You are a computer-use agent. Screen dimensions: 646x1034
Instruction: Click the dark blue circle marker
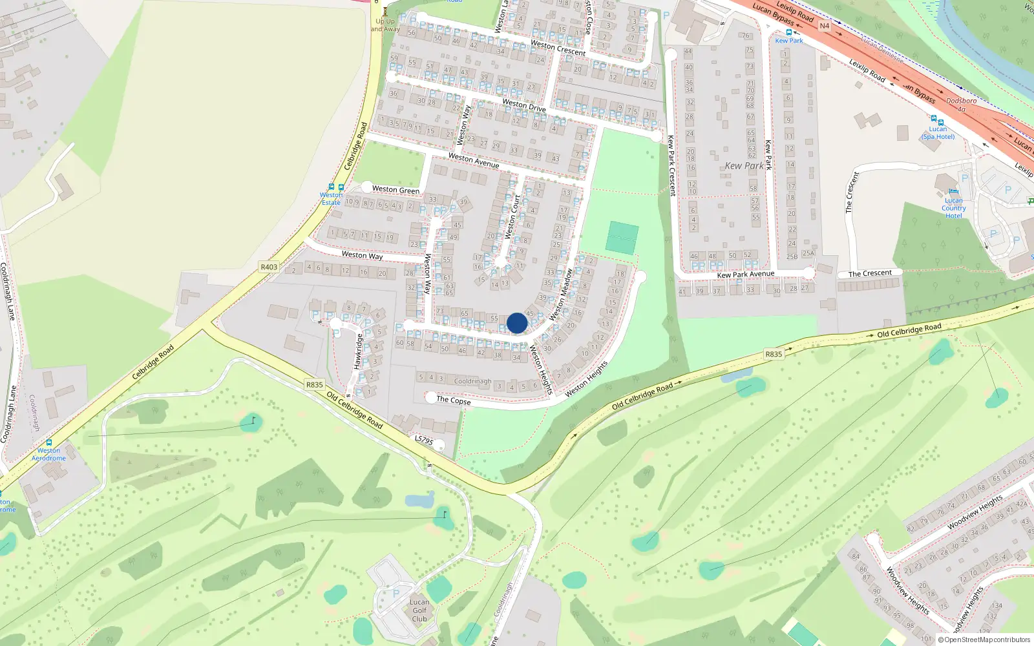click(517, 323)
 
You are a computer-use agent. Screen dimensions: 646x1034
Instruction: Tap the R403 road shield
click(269, 267)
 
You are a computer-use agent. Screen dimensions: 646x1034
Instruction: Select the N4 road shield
click(824, 26)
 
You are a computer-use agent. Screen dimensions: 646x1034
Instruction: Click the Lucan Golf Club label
click(419, 610)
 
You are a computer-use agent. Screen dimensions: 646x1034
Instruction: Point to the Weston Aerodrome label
click(48, 455)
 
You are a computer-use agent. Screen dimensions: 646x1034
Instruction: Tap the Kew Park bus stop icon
click(788, 32)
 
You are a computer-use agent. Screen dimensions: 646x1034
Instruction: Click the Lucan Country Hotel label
click(954, 208)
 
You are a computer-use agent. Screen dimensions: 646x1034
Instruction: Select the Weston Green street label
click(396, 189)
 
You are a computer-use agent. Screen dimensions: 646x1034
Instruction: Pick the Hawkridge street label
click(359, 351)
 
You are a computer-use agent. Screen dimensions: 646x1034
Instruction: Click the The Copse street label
click(454, 400)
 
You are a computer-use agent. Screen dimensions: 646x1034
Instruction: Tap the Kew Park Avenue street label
click(745, 275)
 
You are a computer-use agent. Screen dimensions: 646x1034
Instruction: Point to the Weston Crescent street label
click(558, 48)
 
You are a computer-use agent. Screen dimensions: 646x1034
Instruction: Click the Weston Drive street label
click(524, 105)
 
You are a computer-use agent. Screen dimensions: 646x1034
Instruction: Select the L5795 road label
click(423, 440)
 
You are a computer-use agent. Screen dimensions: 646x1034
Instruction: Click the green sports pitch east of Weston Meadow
click(622, 237)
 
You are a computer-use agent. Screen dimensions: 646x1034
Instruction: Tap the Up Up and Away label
click(385, 25)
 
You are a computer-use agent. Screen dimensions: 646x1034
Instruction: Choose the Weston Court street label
click(512, 218)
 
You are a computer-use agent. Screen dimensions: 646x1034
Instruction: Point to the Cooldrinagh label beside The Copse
click(472, 381)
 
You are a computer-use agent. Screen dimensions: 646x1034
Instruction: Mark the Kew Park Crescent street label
click(671, 165)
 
